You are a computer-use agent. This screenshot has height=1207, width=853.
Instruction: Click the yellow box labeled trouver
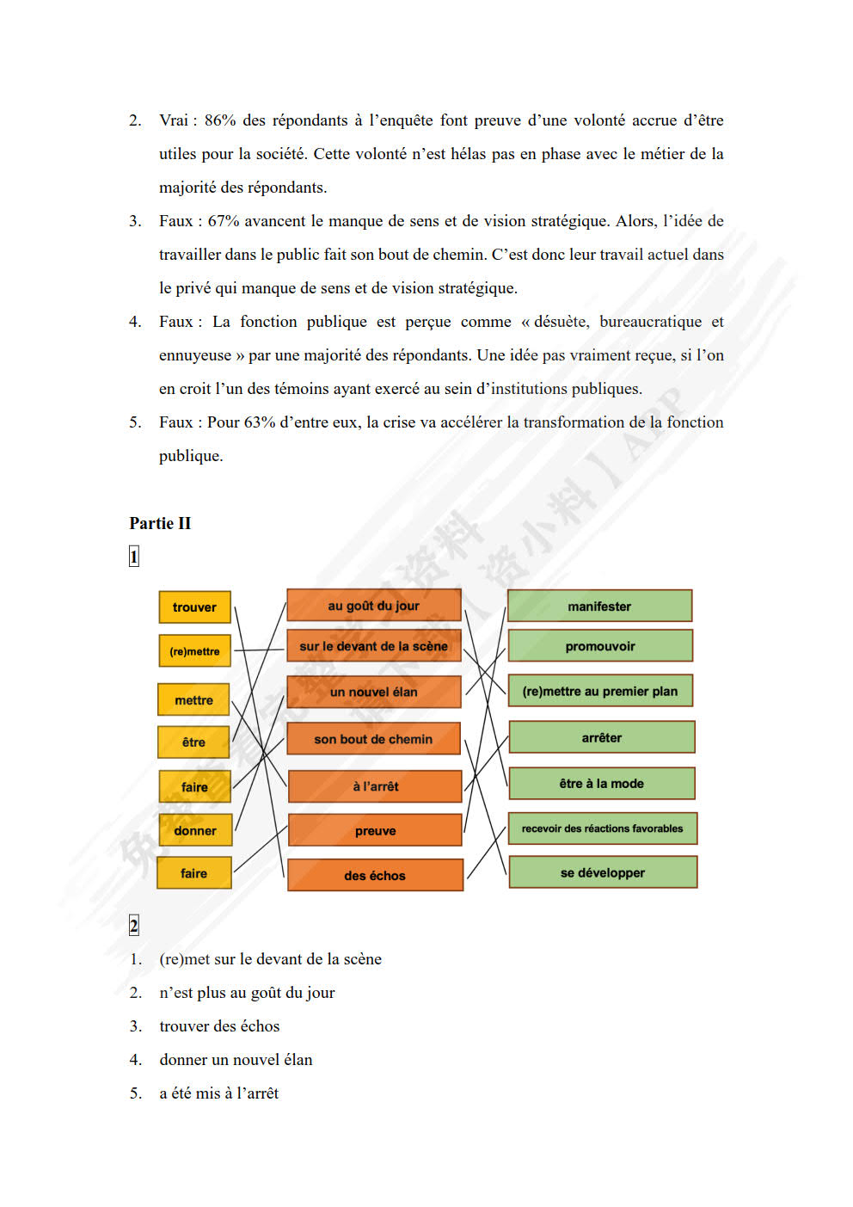pyautogui.click(x=194, y=607)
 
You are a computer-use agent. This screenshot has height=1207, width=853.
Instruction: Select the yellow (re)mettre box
pyautogui.click(x=194, y=651)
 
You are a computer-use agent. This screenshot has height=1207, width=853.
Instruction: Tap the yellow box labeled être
pyautogui.click(x=193, y=742)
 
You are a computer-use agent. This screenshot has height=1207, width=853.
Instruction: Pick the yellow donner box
pyautogui.click(x=194, y=831)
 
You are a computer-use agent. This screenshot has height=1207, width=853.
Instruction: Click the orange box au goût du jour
pyautogui.click(x=373, y=606)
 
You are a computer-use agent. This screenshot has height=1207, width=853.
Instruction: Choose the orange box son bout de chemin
pyautogui.click(x=373, y=739)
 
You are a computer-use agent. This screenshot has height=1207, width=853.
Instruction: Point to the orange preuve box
pyautogui.click(x=375, y=831)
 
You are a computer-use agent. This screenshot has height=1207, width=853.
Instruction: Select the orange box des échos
pyautogui.click(x=375, y=876)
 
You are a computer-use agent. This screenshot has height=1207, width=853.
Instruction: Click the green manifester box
pyautogui.click(x=599, y=607)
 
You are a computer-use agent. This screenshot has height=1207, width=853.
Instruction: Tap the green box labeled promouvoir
pyautogui.click(x=600, y=646)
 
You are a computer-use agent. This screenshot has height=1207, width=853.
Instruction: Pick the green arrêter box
pyautogui.click(x=602, y=738)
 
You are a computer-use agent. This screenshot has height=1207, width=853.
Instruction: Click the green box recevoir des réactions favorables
pyautogui.click(x=602, y=828)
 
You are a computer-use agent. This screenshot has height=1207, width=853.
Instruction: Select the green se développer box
pyautogui.click(x=603, y=872)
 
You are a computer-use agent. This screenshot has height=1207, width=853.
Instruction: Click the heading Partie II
pyautogui.click(x=160, y=523)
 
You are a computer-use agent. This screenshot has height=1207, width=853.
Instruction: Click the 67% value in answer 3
pyautogui.click(x=224, y=221)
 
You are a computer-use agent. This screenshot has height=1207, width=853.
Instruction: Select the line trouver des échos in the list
pyautogui.click(x=219, y=1026)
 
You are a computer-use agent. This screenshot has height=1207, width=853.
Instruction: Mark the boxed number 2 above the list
pyautogui.click(x=133, y=926)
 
